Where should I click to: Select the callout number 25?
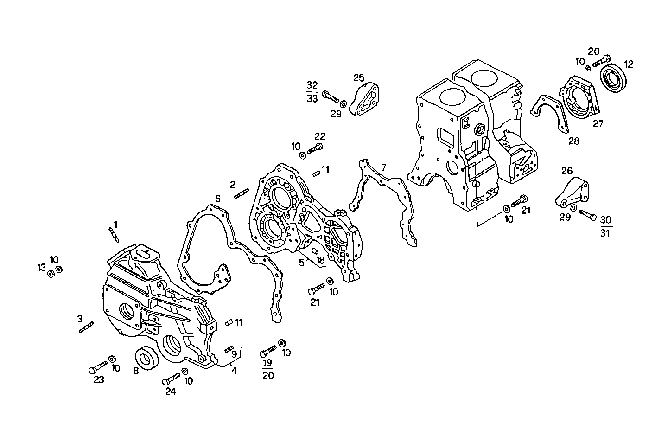click(x=359, y=77)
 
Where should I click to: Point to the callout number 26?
click(x=567, y=171)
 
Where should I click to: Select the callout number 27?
click(x=598, y=124)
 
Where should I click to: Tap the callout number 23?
click(x=99, y=380)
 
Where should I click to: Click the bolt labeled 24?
click(x=172, y=378)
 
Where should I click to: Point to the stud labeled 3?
click(x=87, y=327)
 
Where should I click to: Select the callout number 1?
click(x=115, y=224)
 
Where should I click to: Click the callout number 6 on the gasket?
click(x=217, y=199)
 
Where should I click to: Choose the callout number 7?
click(x=383, y=167)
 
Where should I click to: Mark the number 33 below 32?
click(x=312, y=98)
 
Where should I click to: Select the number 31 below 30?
click(x=605, y=233)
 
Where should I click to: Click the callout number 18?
click(x=320, y=261)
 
